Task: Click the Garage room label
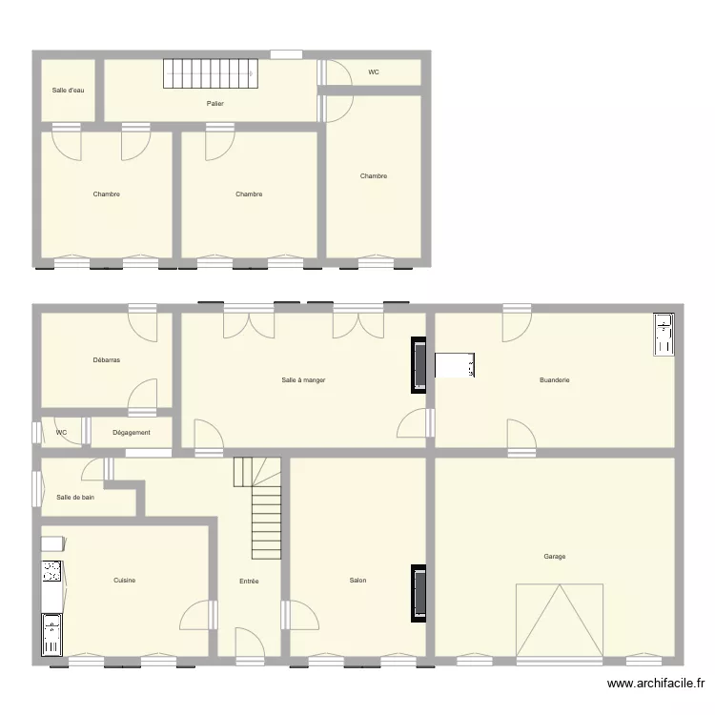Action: pyautogui.click(x=555, y=557)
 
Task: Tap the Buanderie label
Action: pyautogui.click(x=555, y=380)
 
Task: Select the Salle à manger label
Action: pyautogui.click(x=304, y=380)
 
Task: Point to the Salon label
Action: pyautogui.click(x=357, y=581)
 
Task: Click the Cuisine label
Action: pyautogui.click(x=124, y=581)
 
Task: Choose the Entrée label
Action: pyautogui.click(x=249, y=581)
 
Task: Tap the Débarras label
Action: pyautogui.click(x=106, y=360)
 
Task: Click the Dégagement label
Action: pyautogui.click(x=132, y=433)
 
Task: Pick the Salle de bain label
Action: pyautogui.click(x=75, y=497)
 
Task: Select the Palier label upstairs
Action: pyautogui.click(x=214, y=103)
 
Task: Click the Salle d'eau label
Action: pyautogui.click(x=68, y=91)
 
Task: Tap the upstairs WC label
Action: pyautogui.click(x=374, y=72)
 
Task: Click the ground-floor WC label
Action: pyautogui.click(x=62, y=433)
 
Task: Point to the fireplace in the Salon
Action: pyautogui.click(x=418, y=593)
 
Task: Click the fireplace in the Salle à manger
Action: pyautogui.click(x=418, y=365)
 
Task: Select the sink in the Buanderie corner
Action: pyautogui.click(x=663, y=334)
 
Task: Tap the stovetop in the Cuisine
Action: pyautogui.click(x=51, y=572)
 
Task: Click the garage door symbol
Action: pyautogui.click(x=560, y=620)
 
